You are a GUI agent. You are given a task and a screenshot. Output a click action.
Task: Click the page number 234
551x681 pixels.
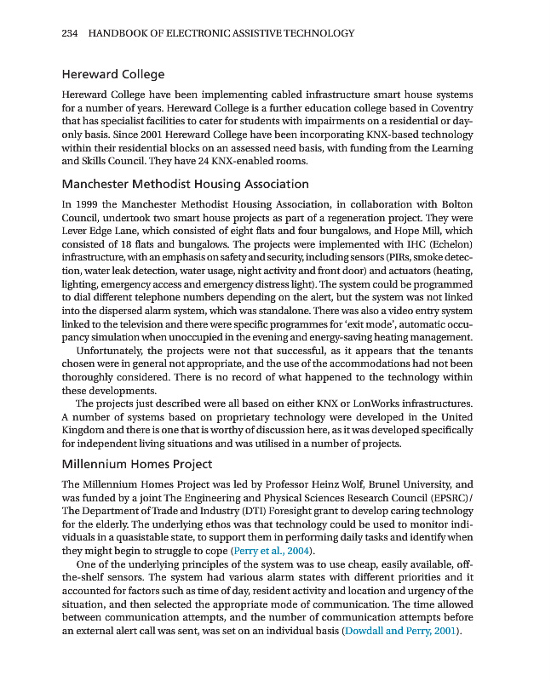pyautogui.click(x=71, y=33)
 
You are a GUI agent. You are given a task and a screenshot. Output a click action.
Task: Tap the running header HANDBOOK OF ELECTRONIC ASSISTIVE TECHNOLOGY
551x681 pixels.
pyautogui.click(x=221, y=33)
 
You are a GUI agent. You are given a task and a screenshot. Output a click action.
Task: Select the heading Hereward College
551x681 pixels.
pyautogui.click(x=113, y=75)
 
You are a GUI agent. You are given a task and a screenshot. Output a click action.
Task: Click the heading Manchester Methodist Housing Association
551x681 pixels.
pyautogui.click(x=185, y=184)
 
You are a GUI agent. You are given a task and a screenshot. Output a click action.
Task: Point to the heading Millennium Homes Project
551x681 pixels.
pyautogui.click(x=136, y=464)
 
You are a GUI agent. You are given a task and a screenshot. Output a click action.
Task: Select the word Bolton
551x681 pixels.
pyautogui.click(x=456, y=204)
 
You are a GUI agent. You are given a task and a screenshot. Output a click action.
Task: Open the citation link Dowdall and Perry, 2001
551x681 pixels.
pyautogui.click(x=399, y=631)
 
